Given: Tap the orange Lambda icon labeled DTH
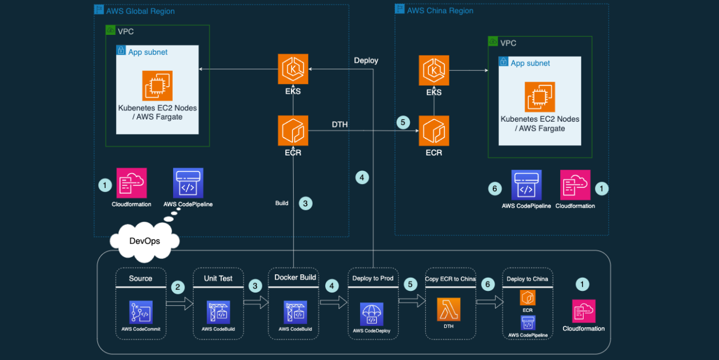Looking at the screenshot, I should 449,309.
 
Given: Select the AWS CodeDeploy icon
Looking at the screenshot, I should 372,314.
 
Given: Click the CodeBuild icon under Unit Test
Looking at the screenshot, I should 218,312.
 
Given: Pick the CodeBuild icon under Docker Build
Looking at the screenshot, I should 295,312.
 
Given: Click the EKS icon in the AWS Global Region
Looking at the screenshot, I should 293,69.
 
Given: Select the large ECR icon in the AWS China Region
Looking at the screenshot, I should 434,131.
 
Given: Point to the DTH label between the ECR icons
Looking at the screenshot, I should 339,124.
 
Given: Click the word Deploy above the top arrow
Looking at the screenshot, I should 366,61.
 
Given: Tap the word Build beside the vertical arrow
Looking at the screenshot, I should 282,203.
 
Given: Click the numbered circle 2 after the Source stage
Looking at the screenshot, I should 178,287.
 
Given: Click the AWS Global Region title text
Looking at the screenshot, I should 141,11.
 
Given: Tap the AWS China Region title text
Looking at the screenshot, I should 440,10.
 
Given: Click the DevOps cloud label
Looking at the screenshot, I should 145,241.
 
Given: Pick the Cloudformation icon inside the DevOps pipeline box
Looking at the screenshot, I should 584,311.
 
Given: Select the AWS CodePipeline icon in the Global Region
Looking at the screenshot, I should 188,183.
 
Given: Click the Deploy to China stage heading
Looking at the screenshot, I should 527,279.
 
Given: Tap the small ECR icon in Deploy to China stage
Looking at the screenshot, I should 528,298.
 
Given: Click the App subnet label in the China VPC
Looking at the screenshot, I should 530,63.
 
